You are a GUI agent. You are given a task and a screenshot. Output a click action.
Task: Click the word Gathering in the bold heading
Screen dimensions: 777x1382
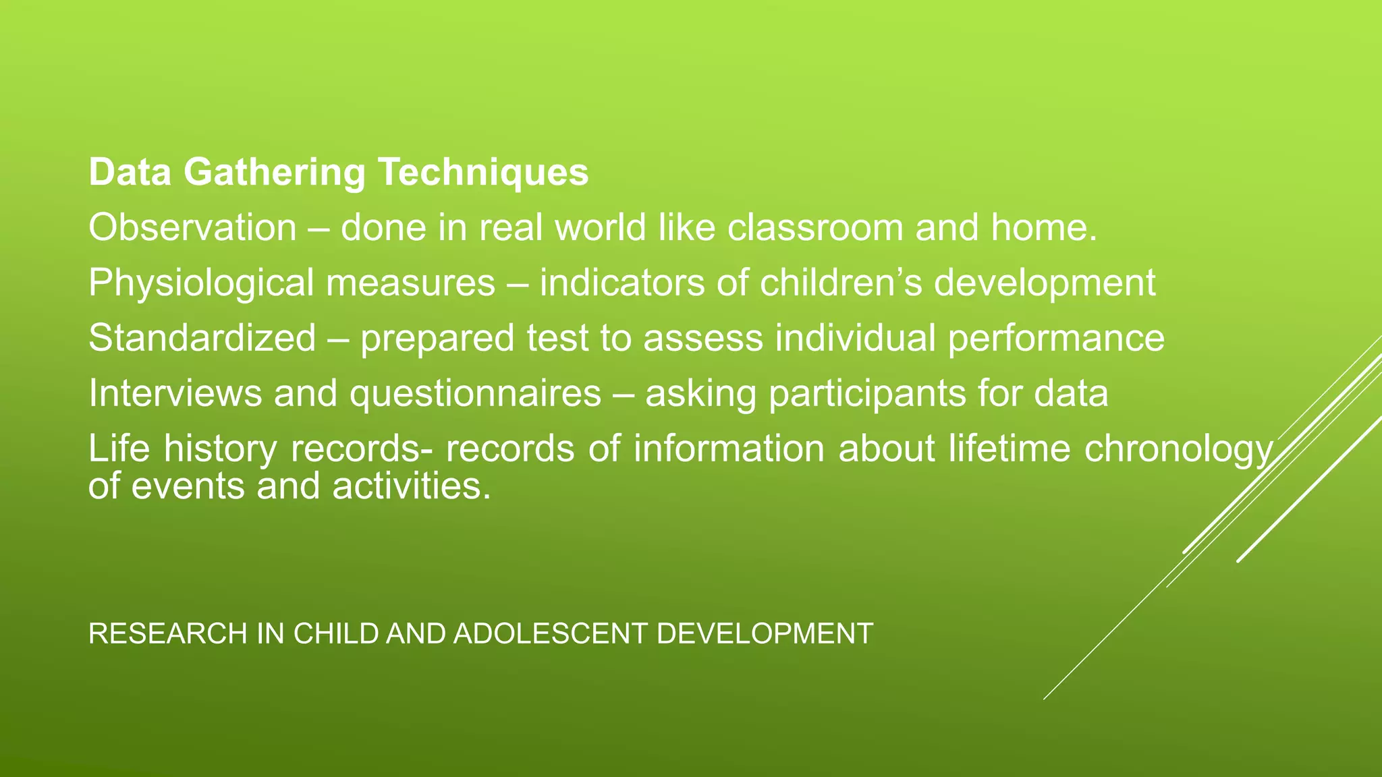coord(274,172)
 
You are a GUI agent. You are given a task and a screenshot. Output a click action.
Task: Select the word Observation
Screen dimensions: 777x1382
coord(192,227)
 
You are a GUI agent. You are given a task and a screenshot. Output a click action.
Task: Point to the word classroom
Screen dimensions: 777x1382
coord(814,227)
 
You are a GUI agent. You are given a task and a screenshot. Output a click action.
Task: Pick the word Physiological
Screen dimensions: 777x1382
coord(201,283)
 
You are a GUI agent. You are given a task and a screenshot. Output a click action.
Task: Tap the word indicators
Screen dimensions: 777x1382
coord(621,283)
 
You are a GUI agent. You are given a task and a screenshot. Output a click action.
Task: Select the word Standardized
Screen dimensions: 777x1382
coord(202,338)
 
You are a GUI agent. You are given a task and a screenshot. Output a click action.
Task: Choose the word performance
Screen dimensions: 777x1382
coord(1056,338)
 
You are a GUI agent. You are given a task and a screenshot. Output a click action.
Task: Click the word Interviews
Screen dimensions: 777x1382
coord(175,393)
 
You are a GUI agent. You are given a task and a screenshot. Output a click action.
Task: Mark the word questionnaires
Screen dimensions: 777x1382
coord(475,393)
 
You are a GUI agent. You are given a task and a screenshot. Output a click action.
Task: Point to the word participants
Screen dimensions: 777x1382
coord(867,393)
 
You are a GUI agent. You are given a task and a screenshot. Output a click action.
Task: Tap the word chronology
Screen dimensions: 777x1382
coord(1178,449)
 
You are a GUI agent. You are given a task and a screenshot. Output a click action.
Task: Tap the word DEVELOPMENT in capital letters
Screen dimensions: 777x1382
coord(765,634)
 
